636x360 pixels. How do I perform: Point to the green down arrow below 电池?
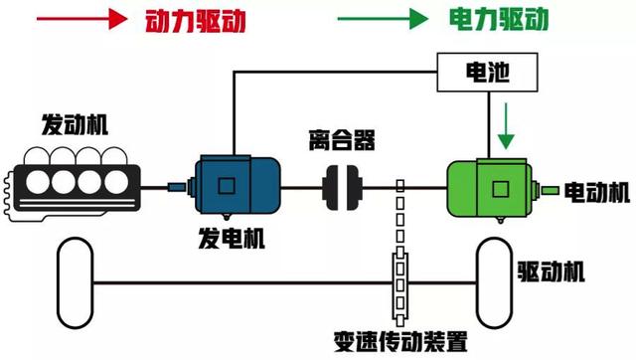coord(507,122)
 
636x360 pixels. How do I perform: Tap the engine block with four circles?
coord(71,184)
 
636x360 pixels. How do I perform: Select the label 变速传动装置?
coord(401,342)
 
